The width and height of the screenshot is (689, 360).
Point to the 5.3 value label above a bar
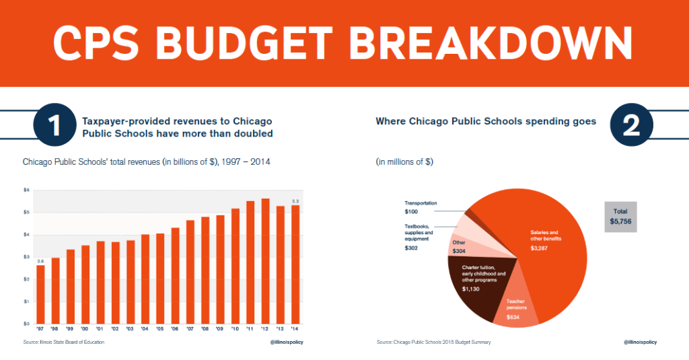(x=295, y=201)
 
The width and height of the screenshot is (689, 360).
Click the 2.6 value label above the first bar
(x=40, y=261)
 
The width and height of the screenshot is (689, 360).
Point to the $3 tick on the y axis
(x=27, y=257)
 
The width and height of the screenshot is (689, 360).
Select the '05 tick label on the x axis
(x=160, y=329)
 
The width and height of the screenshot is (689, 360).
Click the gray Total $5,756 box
(x=620, y=216)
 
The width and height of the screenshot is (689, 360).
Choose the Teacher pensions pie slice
(x=515, y=310)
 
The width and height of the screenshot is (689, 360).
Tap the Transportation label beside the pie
(x=421, y=203)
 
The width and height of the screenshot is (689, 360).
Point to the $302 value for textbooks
(x=410, y=248)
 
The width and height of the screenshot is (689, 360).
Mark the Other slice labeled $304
(x=459, y=248)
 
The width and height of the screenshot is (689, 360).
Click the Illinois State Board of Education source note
(x=64, y=343)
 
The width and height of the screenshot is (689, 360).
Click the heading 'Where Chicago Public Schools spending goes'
(x=485, y=122)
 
